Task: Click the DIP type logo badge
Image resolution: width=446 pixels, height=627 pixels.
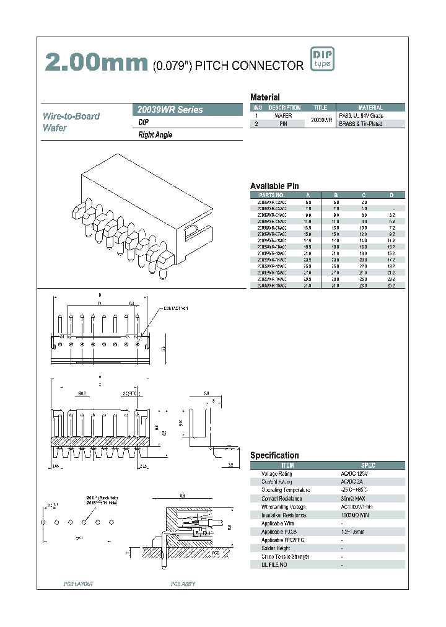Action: coord(321,60)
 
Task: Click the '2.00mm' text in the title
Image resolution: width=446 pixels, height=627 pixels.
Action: coord(97,63)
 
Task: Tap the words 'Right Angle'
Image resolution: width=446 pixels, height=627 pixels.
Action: coord(155,135)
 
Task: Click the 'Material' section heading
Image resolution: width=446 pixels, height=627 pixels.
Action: coord(265,97)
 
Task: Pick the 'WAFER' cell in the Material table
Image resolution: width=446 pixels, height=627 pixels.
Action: coord(283,116)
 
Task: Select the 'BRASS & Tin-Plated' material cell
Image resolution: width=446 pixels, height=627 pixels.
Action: coord(360,124)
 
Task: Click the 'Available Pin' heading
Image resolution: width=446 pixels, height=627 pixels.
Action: coord(274,186)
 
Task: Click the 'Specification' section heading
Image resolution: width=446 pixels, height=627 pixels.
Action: coord(274,455)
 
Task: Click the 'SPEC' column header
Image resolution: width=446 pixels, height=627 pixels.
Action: coord(368,465)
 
